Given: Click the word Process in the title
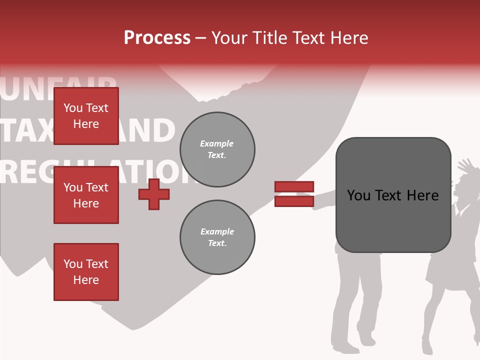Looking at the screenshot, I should (x=157, y=38).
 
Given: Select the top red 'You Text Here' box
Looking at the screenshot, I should (x=86, y=116).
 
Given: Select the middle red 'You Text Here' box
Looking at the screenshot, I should (x=86, y=195).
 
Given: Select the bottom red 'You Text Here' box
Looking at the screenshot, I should (x=86, y=272).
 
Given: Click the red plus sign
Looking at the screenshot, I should (x=154, y=194).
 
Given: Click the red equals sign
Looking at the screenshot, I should (x=294, y=194).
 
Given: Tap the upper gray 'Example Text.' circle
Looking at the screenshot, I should (x=217, y=149).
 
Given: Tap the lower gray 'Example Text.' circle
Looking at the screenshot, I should (x=217, y=237).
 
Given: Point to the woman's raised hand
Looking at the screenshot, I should (x=465, y=165).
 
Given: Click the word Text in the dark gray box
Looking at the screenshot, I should (x=393, y=195).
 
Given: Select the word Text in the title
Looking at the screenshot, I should (x=309, y=38).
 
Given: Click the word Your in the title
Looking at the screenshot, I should (x=228, y=38).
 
